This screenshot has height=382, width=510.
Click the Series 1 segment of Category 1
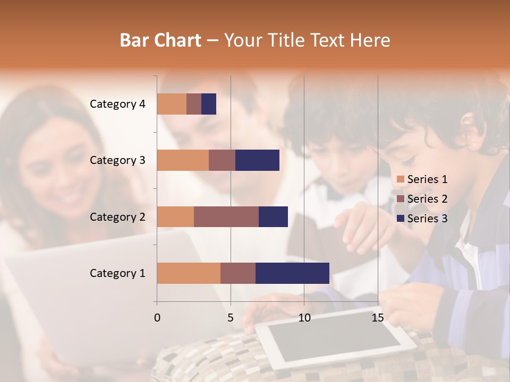click(x=189, y=273)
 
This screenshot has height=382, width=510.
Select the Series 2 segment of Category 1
click(x=238, y=273)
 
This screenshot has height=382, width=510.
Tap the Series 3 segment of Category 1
click(x=292, y=273)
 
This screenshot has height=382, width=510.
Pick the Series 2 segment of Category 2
click(x=226, y=216)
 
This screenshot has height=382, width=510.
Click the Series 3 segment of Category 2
click(x=273, y=216)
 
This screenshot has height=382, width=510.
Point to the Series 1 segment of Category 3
click(x=183, y=160)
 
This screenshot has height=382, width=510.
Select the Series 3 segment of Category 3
click(x=257, y=160)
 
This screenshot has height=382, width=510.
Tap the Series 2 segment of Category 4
click(x=194, y=104)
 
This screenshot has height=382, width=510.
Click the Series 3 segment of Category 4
click(x=209, y=104)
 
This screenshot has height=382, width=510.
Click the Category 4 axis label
click(x=117, y=104)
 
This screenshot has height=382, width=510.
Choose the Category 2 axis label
click(x=117, y=216)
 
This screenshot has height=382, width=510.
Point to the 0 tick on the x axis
click(x=157, y=318)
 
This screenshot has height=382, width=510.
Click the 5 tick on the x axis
click(x=231, y=318)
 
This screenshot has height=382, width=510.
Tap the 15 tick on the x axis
click(x=377, y=318)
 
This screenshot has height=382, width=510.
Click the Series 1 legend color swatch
click(x=401, y=179)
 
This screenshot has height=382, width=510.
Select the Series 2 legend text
click(x=427, y=199)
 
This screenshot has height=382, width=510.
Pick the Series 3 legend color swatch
click(x=401, y=219)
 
